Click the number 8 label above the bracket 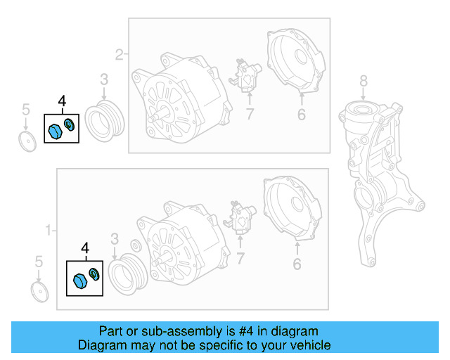pos(363,80)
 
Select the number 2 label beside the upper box pos(119,54)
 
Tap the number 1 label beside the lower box pos(49,230)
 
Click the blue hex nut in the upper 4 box pos(55,131)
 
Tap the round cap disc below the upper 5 pos(27,140)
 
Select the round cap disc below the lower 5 pos(41,292)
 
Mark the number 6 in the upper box pos(301,114)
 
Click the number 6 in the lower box pos(297,264)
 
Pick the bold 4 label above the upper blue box pos(62,103)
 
